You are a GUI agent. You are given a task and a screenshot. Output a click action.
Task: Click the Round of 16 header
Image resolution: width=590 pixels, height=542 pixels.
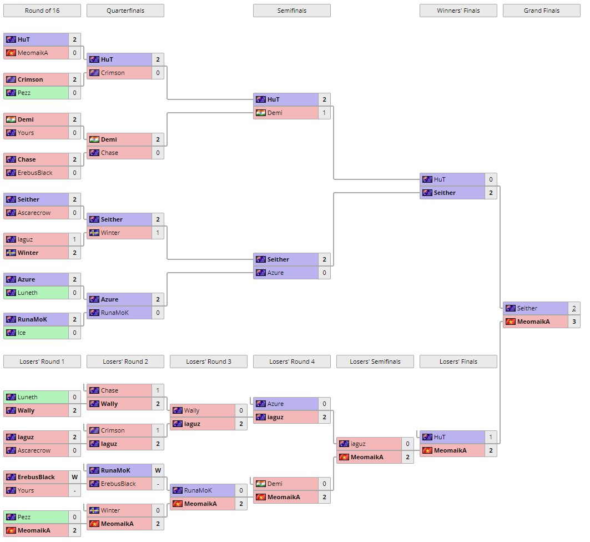(42, 11)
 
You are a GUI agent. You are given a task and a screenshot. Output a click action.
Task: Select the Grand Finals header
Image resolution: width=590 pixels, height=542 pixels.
(542, 11)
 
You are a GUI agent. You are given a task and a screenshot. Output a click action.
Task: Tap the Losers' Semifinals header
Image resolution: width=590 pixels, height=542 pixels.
(375, 362)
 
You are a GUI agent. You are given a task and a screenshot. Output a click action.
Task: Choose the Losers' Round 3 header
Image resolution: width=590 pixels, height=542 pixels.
(209, 362)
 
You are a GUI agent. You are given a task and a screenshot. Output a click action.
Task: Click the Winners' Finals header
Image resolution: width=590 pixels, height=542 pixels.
(458, 11)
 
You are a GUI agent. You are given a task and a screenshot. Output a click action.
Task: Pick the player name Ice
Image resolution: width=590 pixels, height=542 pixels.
(22, 333)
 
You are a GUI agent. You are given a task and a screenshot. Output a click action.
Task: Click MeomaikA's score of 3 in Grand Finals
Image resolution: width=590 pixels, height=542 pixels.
(574, 322)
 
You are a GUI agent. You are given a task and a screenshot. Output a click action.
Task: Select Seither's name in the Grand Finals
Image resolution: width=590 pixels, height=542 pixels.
(527, 308)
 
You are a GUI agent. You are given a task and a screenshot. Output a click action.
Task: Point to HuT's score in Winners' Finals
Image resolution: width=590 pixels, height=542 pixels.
(491, 179)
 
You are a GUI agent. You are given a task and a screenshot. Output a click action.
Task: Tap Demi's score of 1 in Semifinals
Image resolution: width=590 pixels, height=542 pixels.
(324, 113)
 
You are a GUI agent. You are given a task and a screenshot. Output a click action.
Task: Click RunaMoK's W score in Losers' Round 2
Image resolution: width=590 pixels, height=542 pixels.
(158, 470)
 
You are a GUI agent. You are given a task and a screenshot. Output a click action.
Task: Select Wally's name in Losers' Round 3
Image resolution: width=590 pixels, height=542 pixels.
(191, 410)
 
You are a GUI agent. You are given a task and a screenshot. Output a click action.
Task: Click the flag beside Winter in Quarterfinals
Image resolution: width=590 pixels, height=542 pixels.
(94, 233)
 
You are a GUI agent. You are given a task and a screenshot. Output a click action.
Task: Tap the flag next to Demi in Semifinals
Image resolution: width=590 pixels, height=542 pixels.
(260, 113)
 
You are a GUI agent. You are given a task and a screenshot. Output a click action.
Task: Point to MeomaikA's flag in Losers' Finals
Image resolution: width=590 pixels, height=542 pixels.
(427, 450)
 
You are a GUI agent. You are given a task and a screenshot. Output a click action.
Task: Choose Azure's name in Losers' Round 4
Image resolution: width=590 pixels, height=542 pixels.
(275, 404)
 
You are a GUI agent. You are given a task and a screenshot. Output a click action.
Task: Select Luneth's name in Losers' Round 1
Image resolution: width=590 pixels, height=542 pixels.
(28, 397)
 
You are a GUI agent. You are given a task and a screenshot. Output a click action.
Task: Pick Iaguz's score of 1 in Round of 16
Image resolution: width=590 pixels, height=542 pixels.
(74, 239)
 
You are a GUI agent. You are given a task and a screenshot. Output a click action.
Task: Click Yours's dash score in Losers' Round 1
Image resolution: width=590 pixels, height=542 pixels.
(74, 490)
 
